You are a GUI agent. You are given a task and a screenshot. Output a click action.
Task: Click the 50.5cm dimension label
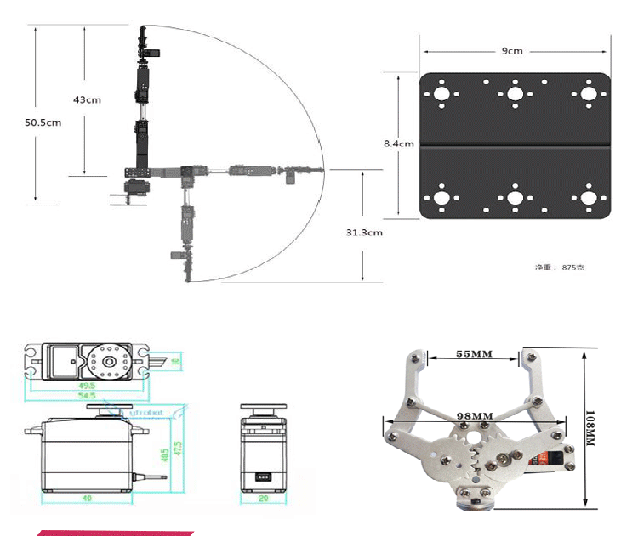(43, 122)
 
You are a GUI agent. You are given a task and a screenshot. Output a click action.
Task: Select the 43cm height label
(87, 99)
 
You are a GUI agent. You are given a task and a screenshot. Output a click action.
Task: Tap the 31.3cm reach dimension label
(363, 232)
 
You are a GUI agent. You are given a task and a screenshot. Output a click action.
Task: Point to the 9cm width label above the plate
(512, 51)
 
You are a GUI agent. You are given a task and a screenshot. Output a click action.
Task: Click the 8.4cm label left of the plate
(398, 144)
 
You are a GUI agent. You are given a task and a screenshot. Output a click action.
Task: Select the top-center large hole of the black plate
(515, 93)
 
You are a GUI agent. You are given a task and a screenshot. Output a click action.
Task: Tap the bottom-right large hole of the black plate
(588, 198)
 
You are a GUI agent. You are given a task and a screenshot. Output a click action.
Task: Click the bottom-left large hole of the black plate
(441, 198)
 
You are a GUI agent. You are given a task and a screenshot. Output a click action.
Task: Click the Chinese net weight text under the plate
(559, 268)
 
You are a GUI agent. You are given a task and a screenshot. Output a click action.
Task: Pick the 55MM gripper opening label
(475, 353)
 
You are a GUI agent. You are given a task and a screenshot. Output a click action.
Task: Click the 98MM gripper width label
(475, 416)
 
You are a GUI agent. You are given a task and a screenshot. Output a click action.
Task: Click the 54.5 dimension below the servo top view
(86, 396)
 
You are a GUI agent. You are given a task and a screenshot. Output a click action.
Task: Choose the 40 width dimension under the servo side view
(86, 499)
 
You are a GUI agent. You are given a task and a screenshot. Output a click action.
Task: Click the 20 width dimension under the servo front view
(263, 499)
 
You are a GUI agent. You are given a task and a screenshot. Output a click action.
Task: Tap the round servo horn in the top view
(108, 360)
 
